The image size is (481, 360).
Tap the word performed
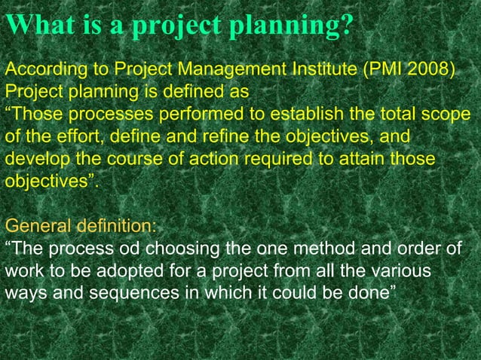188,117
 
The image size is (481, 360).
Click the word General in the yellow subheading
34,225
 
